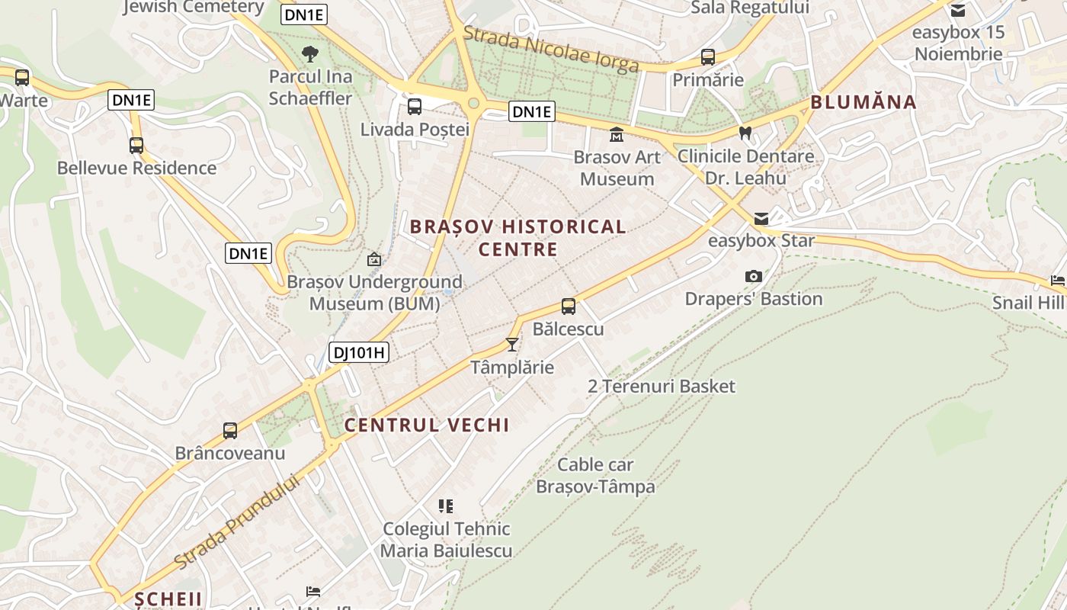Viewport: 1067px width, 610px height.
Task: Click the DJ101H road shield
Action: tap(359, 352)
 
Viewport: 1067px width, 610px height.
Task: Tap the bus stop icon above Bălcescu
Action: tap(569, 307)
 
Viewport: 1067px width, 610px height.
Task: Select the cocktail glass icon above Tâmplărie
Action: tap(512, 344)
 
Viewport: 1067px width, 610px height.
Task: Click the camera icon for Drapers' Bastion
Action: tap(753, 276)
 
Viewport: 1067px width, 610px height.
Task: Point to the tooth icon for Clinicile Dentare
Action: tap(745, 133)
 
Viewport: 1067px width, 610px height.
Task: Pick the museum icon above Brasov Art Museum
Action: tap(616, 135)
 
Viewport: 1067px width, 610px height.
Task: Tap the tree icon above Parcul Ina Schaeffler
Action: tap(310, 54)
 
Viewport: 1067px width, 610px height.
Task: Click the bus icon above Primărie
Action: tap(708, 57)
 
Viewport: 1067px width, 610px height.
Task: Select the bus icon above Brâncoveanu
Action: tap(230, 431)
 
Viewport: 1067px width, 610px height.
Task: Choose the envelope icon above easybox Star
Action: tap(761, 219)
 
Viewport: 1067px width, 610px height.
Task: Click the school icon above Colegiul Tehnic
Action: tap(446, 506)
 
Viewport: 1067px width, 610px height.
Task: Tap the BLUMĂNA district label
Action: tap(864, 102)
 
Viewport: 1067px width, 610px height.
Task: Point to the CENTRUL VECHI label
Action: tap(427, 425)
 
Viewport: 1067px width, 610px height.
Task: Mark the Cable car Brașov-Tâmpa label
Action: tap(595, 475)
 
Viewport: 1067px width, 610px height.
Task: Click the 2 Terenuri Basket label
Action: tap(662, 387)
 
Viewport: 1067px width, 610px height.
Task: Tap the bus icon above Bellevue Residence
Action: tap(136, 146)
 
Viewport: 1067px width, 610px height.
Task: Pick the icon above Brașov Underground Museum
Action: tap(374, 260)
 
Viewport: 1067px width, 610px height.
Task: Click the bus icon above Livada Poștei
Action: tap(415, 107)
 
